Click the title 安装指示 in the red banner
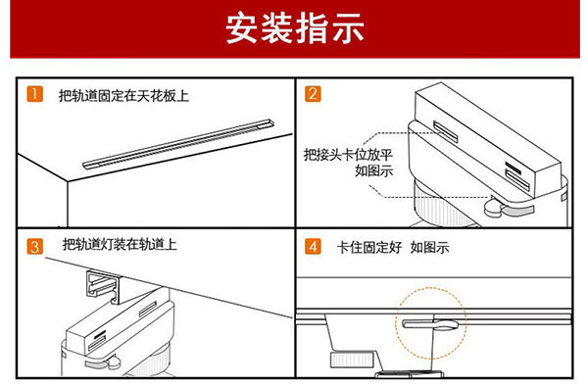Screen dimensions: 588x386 (295, 27)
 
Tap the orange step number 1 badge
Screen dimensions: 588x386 (35, 94)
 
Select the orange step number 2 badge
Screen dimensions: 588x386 (313, 94)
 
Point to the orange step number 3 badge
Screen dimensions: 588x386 (35, 247)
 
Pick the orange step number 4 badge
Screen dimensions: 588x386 (313, 247)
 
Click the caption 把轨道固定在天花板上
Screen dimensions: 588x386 (123, 96)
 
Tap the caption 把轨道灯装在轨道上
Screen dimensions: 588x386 (120, 244)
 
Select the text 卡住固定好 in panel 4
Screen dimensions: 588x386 (369, 247)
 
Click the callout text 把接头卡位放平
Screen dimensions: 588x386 (348, 155)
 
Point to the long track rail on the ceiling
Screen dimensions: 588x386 (178, 144)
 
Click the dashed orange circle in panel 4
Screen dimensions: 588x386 (431, 288)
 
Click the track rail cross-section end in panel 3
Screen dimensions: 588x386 (103, 286)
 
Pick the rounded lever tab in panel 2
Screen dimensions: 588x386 (494, 208)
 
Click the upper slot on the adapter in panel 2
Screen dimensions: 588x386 (446, 131)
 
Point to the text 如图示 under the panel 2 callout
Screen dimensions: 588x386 (374, 170)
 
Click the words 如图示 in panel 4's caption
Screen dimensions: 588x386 (430, 247)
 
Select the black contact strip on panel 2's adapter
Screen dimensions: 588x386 (513, 168)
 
